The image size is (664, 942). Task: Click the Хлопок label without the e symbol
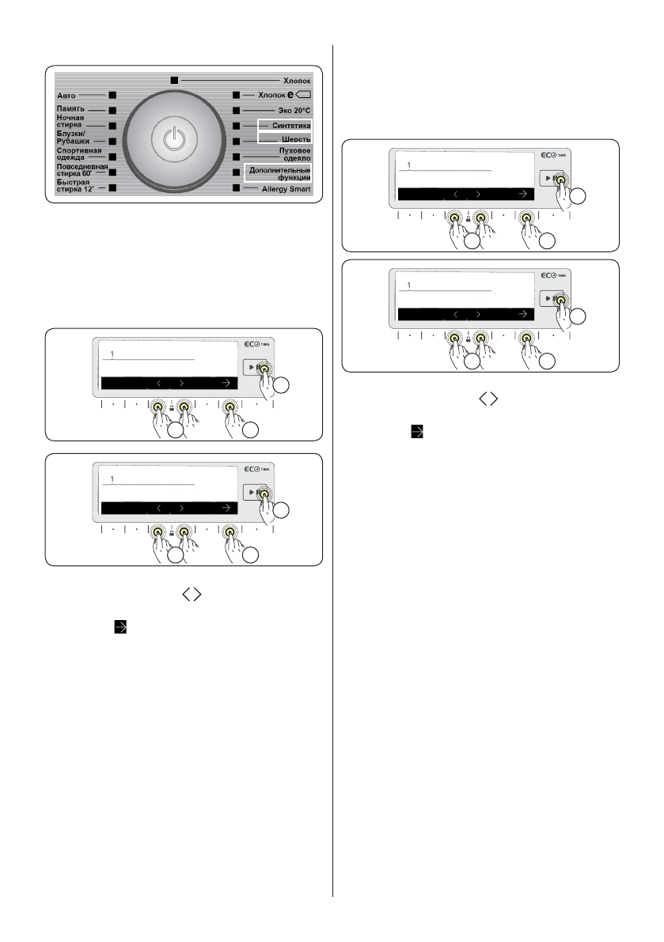(297, 81)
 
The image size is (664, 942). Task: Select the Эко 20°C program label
(292, 111)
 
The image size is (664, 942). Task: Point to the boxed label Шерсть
(296, 140)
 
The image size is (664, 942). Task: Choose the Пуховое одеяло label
(293, 154)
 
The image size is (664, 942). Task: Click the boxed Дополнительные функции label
(278, 173)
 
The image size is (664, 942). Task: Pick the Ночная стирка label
(70, 122)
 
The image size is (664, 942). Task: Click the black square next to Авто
(112, 95)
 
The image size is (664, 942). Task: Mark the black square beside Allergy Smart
(236, 189)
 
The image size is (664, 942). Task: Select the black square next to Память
(112, 111)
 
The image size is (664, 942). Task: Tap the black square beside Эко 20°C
(236, 111)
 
